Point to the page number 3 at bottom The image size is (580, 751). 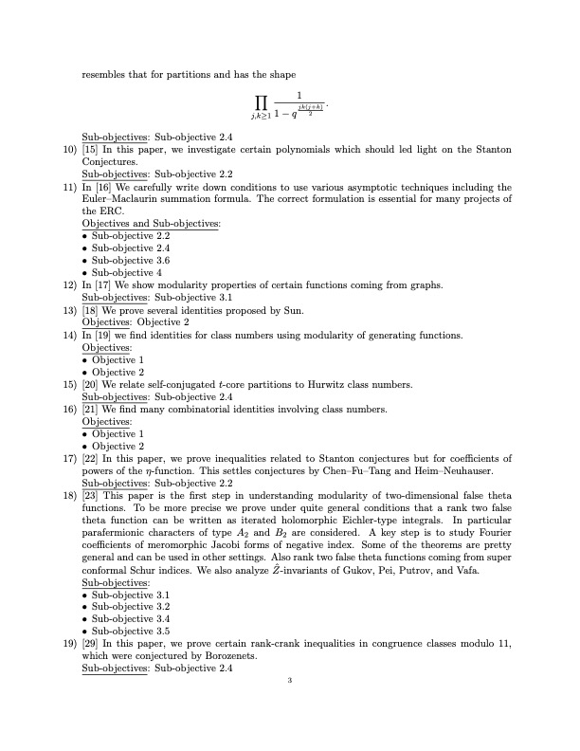290,680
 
